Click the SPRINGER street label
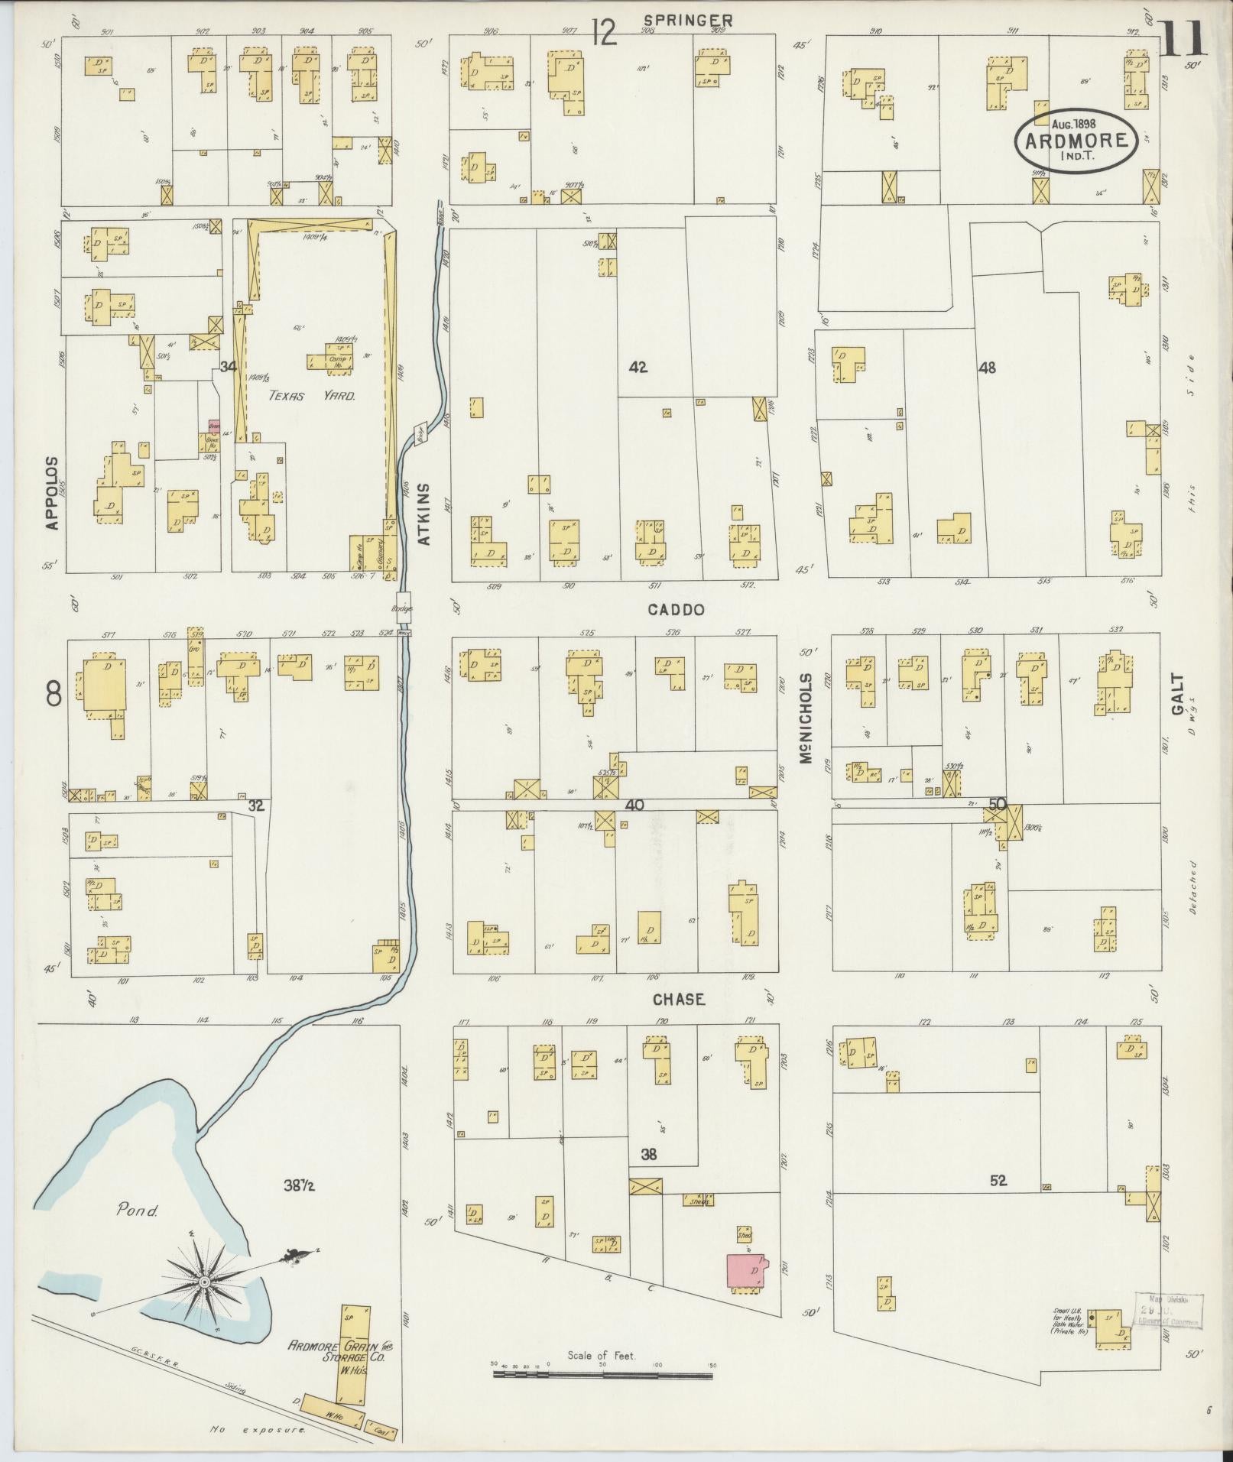pyautogui.click(x=687, y=21)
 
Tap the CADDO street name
pyautogui.click(x=676, y=610)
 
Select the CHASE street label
pyautogui.click(x=678, y=1000)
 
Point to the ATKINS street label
pyautogui.click(x=425, y=513)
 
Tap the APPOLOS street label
pyautogui.click(x=52, y=493)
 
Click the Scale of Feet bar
pyautogui.click(x=602, y=1375)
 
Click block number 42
pyautogui.click(x=638, y=368)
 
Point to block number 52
pyautogui.click(x=998, y=1181)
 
